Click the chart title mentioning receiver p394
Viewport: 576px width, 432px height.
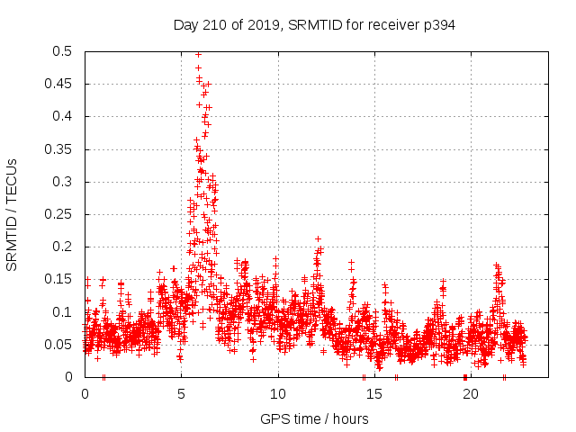point(314,25)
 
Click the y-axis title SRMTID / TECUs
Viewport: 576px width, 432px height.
point(13,214)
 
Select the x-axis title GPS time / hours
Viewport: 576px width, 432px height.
point(314,418)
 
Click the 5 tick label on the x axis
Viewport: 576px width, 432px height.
point(182,394)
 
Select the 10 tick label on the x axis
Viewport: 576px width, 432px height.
point(278,394)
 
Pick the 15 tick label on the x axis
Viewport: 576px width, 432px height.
point(374,394)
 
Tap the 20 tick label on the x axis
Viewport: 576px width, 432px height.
point(471,394)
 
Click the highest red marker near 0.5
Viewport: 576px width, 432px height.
point(198,54)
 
